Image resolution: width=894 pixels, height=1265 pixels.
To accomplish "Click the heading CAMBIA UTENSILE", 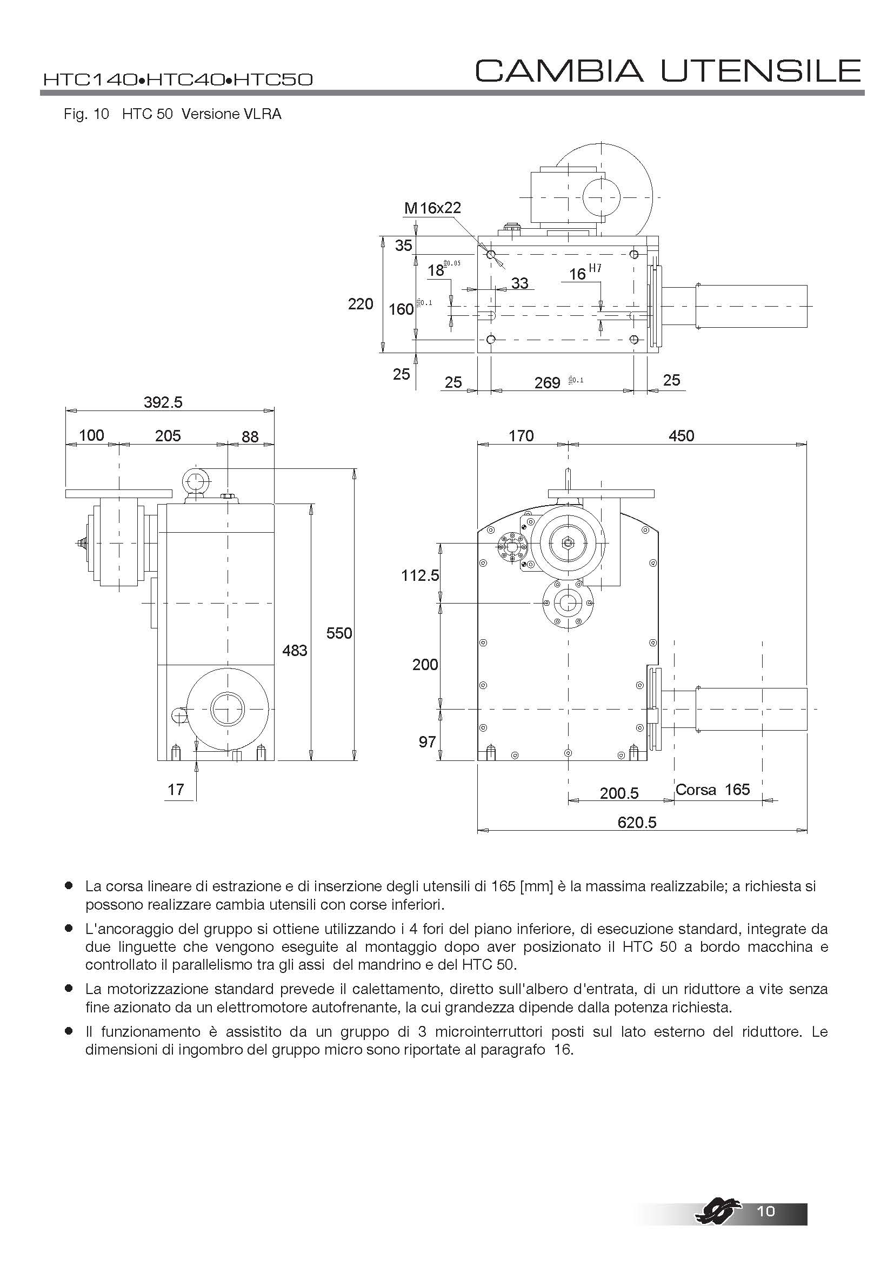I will [668, 70].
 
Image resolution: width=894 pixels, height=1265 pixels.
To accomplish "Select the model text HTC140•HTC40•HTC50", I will [178, 80].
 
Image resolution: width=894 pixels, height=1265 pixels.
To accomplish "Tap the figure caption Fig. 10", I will [86, 114].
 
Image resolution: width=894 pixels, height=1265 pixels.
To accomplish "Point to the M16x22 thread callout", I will [432, 208].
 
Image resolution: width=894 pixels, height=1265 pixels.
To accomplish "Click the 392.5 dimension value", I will [163, 402].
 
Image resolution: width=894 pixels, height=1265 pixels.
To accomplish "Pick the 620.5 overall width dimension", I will [637, 822].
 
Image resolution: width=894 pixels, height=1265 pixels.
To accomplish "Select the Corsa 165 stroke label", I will [712, 790].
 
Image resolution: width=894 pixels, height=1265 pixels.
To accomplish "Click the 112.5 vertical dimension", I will [420, 575].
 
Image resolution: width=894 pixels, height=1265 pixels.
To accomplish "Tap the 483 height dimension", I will [295, 651].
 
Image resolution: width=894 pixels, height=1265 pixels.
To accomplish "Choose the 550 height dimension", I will [338, 633].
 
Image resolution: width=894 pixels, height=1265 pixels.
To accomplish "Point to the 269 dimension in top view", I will [547, 382].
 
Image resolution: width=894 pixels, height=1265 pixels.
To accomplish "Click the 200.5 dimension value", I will [619, 793].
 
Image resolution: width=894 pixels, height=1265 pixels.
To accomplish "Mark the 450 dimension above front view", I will [681, 436].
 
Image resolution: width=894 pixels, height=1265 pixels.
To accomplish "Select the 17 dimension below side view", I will [176, 790].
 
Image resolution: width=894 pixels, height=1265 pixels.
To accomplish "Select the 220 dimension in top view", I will [361, 303].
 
